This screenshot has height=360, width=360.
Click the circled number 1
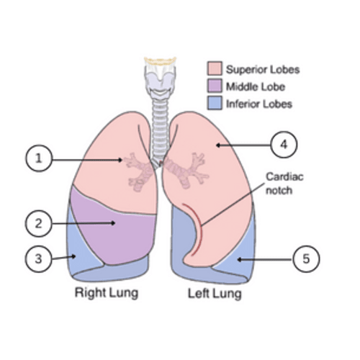(39, 158)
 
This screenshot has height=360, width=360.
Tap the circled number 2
(38, 223)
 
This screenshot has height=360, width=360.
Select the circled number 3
(38, 259)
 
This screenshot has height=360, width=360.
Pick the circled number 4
(284, 145)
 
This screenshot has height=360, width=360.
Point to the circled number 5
(306, 259)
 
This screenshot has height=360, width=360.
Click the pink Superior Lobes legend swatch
(215, 68)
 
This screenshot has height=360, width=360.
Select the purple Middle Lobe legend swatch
(215, 86)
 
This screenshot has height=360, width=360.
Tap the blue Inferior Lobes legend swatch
(215, 103)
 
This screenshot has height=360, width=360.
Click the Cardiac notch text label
(284, 184)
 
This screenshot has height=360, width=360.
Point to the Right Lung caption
(107, 293)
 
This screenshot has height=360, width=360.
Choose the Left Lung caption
(215, 294)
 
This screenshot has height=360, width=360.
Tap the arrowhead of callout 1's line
(120, 160)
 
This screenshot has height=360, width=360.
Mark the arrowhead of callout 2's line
(113, 223)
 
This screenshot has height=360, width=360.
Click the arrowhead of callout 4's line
(218, 145)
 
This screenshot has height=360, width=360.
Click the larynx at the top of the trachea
(161, 77)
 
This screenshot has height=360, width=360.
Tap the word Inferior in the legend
(243, 104)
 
